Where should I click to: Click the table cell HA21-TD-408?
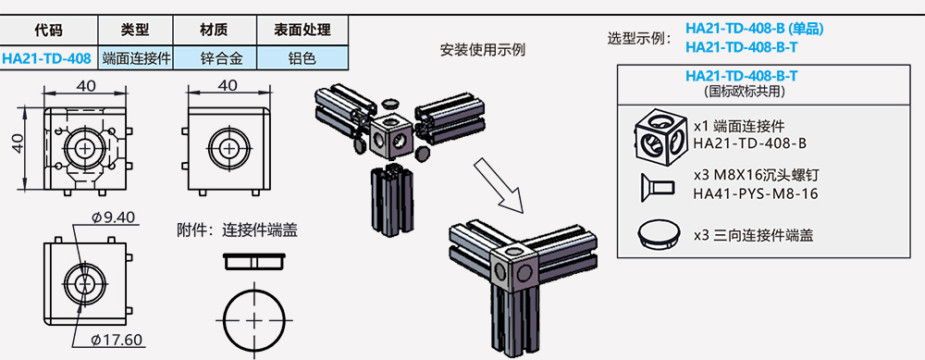tap(46, 58)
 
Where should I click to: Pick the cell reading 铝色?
tap(302, 58)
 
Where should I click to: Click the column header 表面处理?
tap(302, 31)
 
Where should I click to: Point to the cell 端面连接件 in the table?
tap(133, 58)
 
